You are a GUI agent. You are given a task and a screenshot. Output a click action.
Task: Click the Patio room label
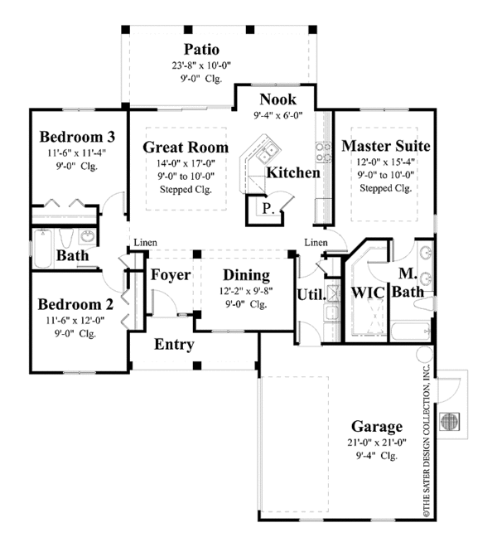click(x=201, y=49)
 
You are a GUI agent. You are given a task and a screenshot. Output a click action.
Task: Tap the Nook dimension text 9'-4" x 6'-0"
click(x=278, y=115)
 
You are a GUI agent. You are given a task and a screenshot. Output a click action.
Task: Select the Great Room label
click(x=186, y=148)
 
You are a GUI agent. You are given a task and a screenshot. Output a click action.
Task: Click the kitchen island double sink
click(x=268, y=154)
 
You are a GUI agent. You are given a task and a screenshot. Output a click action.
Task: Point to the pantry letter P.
click(x=268, y=209)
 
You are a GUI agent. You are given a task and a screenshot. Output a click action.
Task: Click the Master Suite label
click(x=386, y=146)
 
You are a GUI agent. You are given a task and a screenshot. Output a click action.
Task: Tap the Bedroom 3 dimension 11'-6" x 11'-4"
click(x=77, y=152)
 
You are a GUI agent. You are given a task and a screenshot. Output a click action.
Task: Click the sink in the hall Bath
click(x=88, y=237)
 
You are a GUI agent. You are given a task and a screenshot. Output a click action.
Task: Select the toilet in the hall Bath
click(x=65, y=237)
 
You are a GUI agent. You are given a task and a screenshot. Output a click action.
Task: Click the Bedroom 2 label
click(x=75, y=304)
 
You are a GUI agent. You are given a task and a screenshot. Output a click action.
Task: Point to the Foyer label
click(x=171, y=274)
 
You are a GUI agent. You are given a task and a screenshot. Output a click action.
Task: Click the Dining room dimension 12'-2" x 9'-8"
click(x=246, y=291)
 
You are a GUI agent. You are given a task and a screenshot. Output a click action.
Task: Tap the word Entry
click(x=174, y=345)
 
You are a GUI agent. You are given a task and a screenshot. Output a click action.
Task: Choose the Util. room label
click(x=311, y=295)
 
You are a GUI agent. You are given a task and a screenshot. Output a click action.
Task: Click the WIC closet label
click(x=368, y=293)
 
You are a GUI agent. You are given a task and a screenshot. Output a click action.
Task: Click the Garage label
click(x=377, y=426)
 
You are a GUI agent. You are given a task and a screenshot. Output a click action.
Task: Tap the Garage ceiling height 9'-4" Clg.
click(x=377, y=456)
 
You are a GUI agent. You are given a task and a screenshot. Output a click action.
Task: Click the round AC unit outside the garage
click(x=450, y=421)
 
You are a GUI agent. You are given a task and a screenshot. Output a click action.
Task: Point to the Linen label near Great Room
click(x=146, y=243)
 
